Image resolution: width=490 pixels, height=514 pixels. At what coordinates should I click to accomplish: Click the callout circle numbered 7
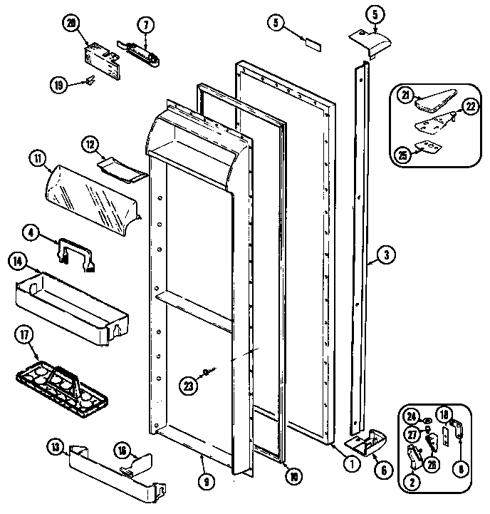pos(145,25)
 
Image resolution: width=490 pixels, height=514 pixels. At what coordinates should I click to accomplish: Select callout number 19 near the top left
pos(58,86)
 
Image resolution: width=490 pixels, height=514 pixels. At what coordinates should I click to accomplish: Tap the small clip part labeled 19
pos(90,81)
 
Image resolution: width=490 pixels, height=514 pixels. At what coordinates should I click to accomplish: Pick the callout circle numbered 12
pos(89,143)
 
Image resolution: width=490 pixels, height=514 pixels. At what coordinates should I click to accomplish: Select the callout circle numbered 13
pos(55,447)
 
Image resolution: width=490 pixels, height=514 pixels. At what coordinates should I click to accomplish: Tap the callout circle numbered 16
pos(123,450)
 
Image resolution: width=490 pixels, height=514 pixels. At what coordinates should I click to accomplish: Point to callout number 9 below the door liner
pos(205,482)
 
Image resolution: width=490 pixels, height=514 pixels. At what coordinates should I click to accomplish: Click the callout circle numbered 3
pos(385,253)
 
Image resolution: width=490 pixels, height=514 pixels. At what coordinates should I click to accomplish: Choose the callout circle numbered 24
pos(412,417)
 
